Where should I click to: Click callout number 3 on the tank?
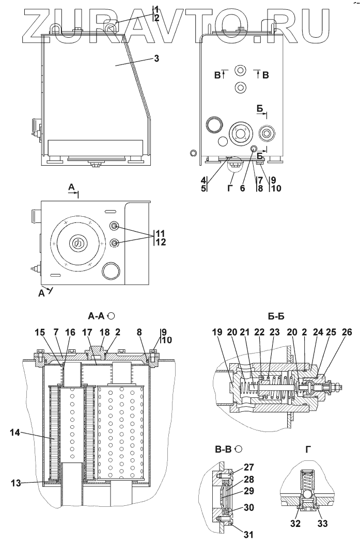pos(156,58)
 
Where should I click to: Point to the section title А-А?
pos(97,316)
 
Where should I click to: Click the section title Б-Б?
pos(276,316)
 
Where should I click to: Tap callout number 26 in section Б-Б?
pos(347,333)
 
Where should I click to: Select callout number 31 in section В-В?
pos(248,535)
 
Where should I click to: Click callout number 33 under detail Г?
pos(322,523)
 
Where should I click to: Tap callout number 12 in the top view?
pos(161,242)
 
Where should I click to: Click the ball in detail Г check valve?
pos(307,494)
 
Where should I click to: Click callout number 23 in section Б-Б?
pos(274,333)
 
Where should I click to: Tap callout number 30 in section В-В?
pos(248,508)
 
